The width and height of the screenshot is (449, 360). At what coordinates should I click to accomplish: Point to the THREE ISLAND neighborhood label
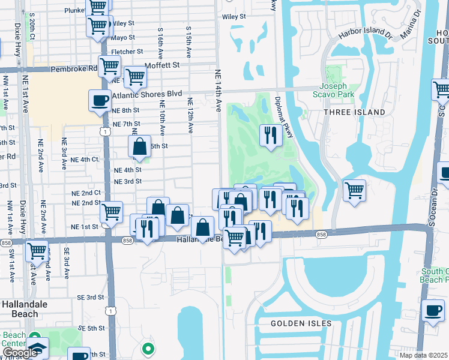point(354,112)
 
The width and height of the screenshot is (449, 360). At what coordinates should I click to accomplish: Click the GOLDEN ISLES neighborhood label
point(301,323)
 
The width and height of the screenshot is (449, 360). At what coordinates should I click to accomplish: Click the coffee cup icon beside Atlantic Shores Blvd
point(100,100)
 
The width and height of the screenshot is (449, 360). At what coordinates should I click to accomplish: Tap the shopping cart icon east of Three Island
point(354,190)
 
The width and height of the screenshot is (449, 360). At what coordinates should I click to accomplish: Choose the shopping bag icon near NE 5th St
point(139,146)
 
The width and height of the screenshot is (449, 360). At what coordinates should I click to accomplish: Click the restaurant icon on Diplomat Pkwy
point(271,134)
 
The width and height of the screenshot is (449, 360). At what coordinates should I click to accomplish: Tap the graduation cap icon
point(37,349)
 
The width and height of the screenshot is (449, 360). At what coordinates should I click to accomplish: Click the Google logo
point(20,353)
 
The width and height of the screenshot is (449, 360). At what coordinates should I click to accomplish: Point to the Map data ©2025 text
point(424,355)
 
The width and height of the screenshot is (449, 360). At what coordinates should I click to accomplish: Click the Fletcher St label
point(127,52)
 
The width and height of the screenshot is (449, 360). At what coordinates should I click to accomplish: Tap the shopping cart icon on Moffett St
point(136,77)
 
